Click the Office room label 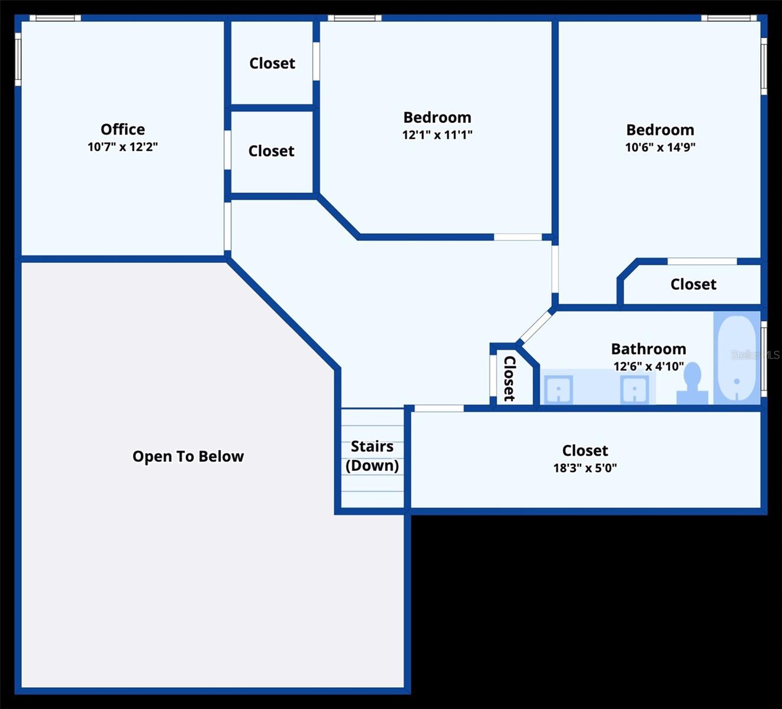click(122, 129)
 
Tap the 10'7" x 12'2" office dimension click(122, 147)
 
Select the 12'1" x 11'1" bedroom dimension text click(437, 135)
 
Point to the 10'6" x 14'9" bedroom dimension click(660, 147)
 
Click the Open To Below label click(188, 456)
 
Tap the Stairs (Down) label click(372, 456)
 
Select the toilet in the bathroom click(692, 385)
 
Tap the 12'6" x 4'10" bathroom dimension click(649, 366)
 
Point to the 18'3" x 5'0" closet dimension click(585, 468)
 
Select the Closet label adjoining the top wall click(272, 63)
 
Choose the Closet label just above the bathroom click(693, 284)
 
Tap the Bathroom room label click(649, 349)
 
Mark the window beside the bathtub click(764, 359)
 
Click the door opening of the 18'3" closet click(439, 408)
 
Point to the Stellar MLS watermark click(755, 354)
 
